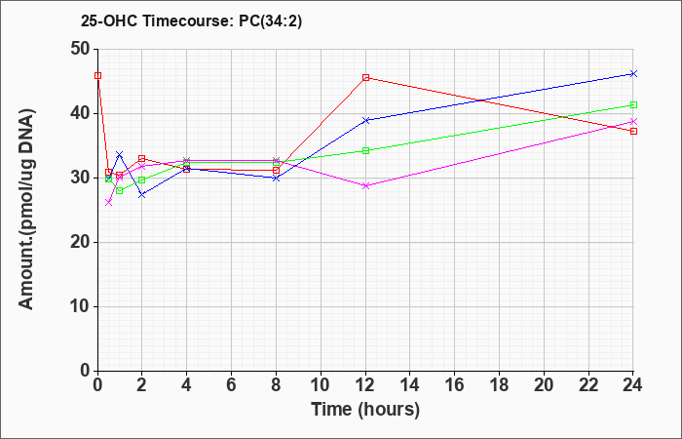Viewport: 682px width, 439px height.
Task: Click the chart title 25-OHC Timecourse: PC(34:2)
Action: click(191, 20)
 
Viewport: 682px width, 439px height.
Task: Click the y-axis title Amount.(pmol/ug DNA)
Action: click(27, 209)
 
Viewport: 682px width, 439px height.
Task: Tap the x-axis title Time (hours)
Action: click(365, 410)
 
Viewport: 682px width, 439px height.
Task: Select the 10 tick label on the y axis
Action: click(81, 306)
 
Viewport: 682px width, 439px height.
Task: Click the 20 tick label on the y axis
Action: click(81, 242)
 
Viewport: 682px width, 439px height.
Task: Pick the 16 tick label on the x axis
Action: click(455, 384)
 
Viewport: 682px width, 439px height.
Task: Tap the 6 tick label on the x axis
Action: click(232, 384)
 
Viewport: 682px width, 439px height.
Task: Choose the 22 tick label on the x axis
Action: click(588, 384)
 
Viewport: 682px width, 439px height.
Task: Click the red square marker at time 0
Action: click(97, 75)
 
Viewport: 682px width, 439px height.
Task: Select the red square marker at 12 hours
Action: click(365, 77)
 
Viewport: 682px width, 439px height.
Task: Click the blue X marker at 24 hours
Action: click(633, 73)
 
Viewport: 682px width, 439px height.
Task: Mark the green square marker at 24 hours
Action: click(633, 104)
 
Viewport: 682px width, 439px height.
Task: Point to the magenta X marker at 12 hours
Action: click(365, 185)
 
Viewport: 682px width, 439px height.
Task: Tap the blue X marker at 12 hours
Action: click(365, 120)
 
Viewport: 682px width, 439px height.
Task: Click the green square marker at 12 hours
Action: click(365, 150)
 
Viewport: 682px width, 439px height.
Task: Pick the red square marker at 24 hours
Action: click(633, 131)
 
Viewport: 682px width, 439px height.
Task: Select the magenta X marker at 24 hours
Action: click(633, 122)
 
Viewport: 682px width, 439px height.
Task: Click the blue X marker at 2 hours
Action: click(142, 195)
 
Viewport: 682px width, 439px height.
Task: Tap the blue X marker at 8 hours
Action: click(276, 178)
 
